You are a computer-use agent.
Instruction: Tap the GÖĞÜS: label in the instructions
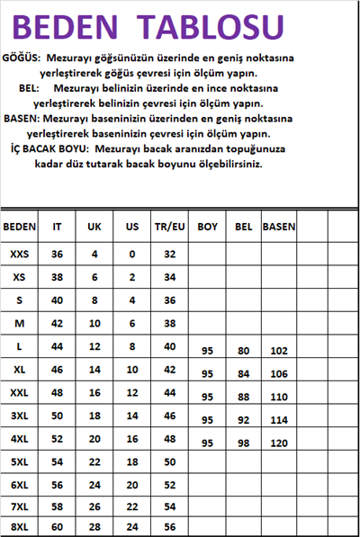tap(24, 57)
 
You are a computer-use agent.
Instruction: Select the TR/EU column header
tap(169, 227)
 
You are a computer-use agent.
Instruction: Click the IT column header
tap(58, 227)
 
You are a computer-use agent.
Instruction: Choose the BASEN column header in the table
tap(279, 227)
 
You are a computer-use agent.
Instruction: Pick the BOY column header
tap(208, 227)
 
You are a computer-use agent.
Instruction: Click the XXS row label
tap(20, 255)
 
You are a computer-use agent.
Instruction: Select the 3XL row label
tap(20, 416)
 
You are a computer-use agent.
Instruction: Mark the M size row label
tap(20, 323)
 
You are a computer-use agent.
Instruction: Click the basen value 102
tap(279, 351)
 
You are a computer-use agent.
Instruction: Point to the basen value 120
tap(279, 443)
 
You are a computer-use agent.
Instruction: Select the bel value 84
tap(243, 374)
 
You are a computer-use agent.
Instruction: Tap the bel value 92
tap(243, 420)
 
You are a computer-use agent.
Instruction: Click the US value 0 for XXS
tap(131, 255)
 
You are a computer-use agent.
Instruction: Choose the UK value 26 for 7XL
tap(94, 507)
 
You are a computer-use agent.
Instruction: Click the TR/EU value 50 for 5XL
tap(169, 461)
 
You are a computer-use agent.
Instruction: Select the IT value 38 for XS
tap(58, 277)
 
